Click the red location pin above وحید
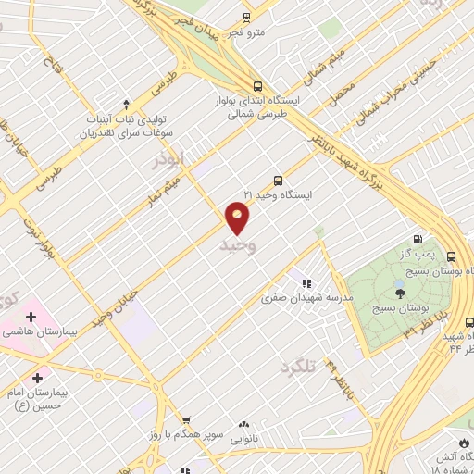238,217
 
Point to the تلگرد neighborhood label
323,367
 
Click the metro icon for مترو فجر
246,18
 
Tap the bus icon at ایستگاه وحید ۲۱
278,181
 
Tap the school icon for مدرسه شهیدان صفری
305,283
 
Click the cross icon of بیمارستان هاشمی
31,317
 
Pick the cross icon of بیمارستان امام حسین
37,378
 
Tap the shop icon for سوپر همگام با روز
185,421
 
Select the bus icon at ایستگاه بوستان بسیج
451,256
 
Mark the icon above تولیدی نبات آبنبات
126,104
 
